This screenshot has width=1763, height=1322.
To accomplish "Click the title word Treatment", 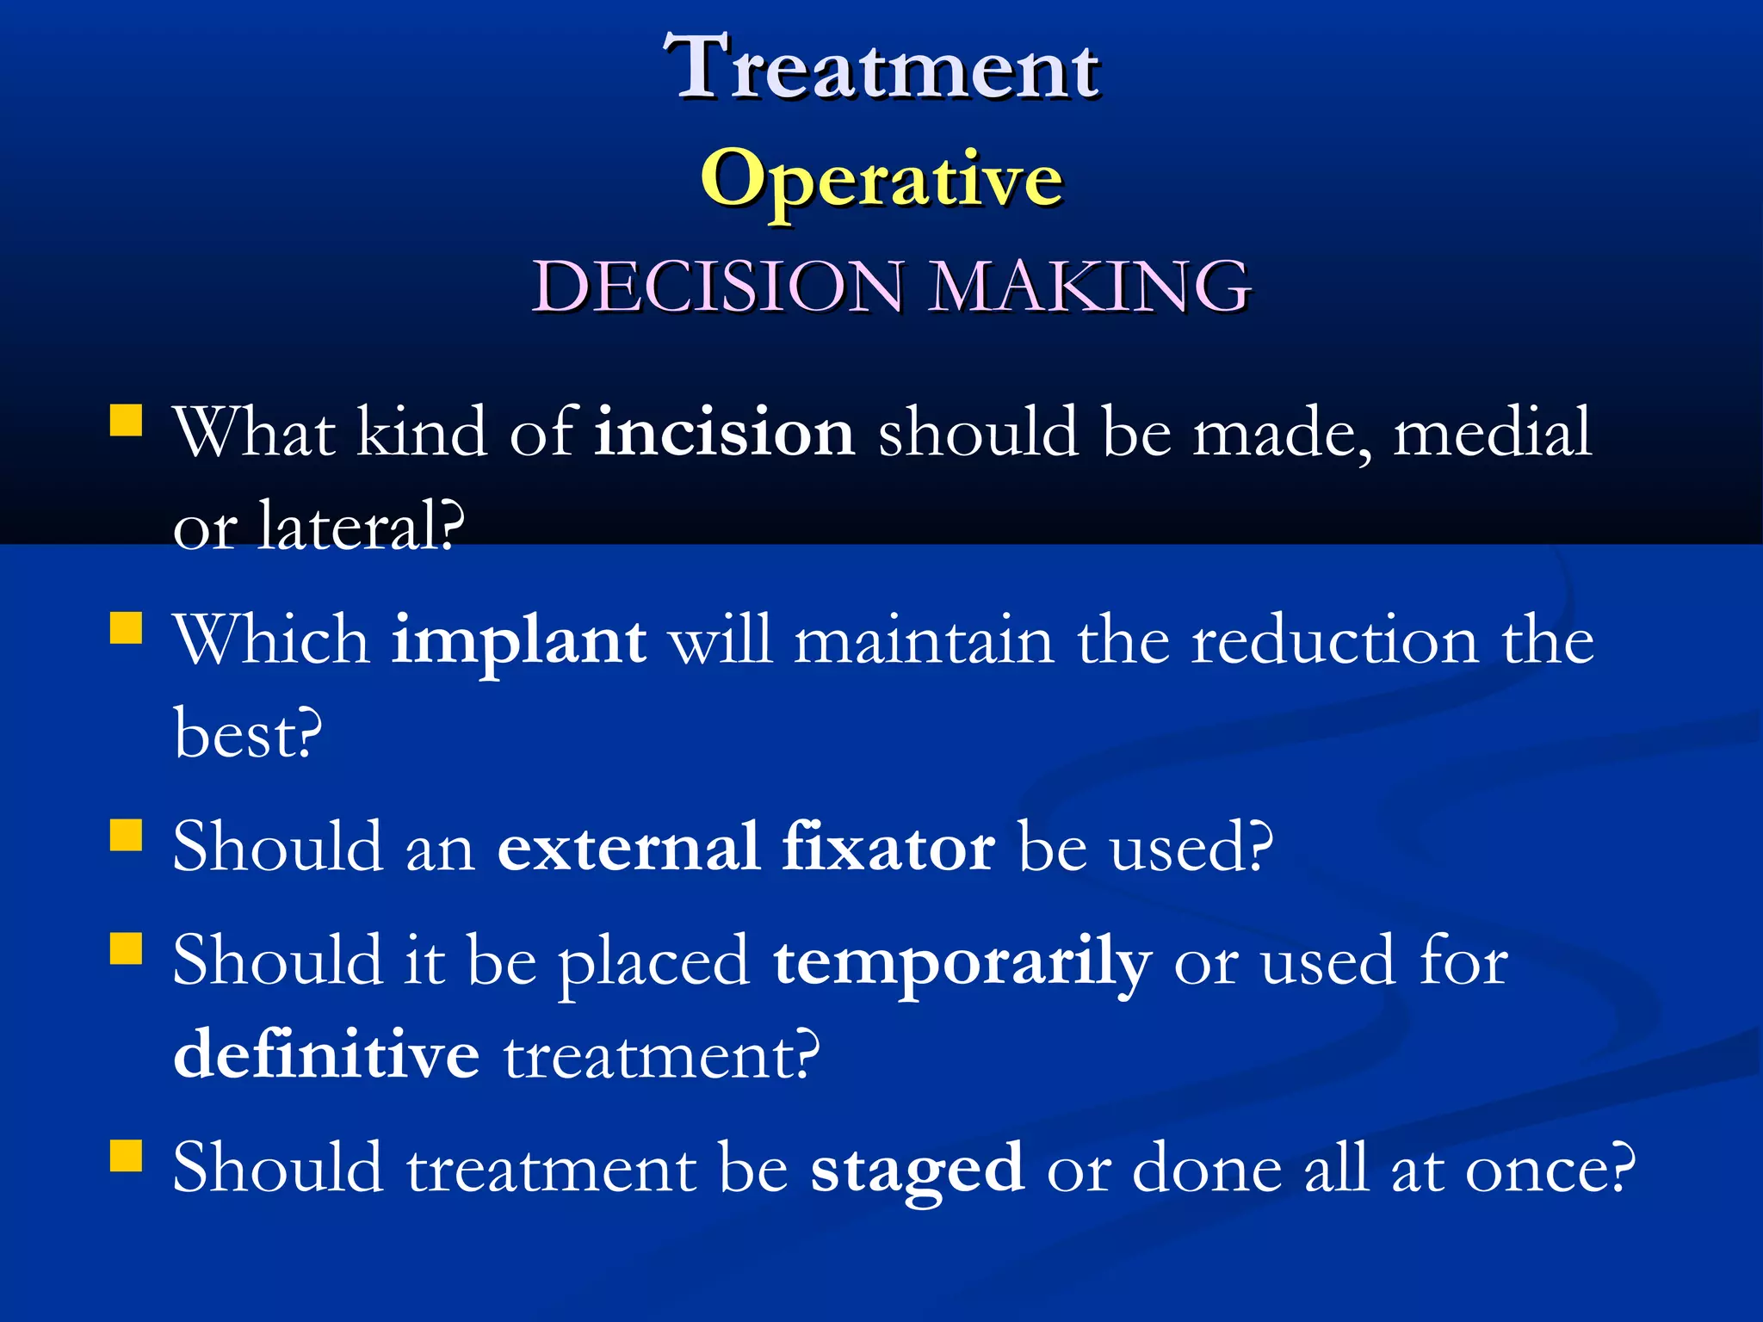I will pyautogui.click(x=882, y=69).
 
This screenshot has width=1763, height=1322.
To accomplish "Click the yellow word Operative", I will pyautogui.click(x=882, y=179).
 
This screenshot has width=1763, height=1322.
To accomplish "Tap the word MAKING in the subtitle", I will pyautogui.click(x=1090, y=286).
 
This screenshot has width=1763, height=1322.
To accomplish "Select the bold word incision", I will pyautogui.click(x=725, y=432).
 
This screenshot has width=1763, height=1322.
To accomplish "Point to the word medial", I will pyautogui.click(x=1492, y=432).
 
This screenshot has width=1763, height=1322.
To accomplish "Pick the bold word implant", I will pyautogui.click(x=518, y=642).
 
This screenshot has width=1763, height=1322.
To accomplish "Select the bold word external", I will pyautogui.click(x=629, y=847).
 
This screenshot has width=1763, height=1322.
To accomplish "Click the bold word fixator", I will pyautogui.click(x=889, y=847).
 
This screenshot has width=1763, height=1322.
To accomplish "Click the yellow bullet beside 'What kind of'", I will pyautogui.click(x=127, y=422).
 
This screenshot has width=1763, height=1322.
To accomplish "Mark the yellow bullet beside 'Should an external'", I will pyautogui.click(x=127, y=835).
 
